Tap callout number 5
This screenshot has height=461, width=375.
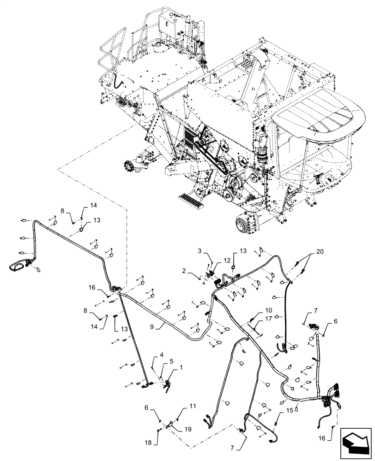pos(171,361)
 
